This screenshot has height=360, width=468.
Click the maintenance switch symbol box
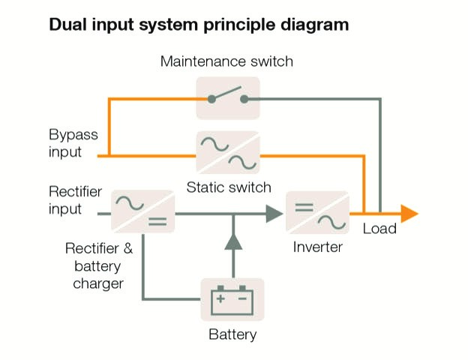(x=228, y=98)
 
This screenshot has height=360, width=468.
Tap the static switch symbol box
(x=228, y=152)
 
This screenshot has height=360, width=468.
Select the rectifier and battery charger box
(x=143, y=211)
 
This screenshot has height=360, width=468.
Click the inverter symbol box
(x=317, y=212)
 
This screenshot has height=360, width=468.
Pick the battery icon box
(x=232, y=299)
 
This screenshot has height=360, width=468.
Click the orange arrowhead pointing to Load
(x=409, y=214)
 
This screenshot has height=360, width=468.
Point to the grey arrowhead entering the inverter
(x=274, y=214)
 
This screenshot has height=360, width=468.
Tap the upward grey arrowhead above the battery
(x=233, y=241)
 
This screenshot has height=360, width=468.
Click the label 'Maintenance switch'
(x=226, y=61)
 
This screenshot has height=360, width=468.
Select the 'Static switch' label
(x=229, y=187)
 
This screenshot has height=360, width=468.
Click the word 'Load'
(x=379, y=229)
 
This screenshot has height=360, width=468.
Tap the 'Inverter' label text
(x=317, y=247)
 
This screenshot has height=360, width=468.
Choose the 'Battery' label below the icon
(x=232, y=334)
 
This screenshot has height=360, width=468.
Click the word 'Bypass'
(x=73, y=135)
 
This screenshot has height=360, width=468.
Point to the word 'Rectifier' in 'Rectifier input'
(x=76, y=192)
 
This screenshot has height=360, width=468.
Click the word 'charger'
(x=98, y=284)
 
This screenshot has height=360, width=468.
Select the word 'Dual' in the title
(x=68, y=25)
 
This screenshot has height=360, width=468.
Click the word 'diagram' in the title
(x=314, y=25)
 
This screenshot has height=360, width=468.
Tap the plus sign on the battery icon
(x=220, y=298)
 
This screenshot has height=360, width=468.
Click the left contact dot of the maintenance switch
(x=211, y=99)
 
